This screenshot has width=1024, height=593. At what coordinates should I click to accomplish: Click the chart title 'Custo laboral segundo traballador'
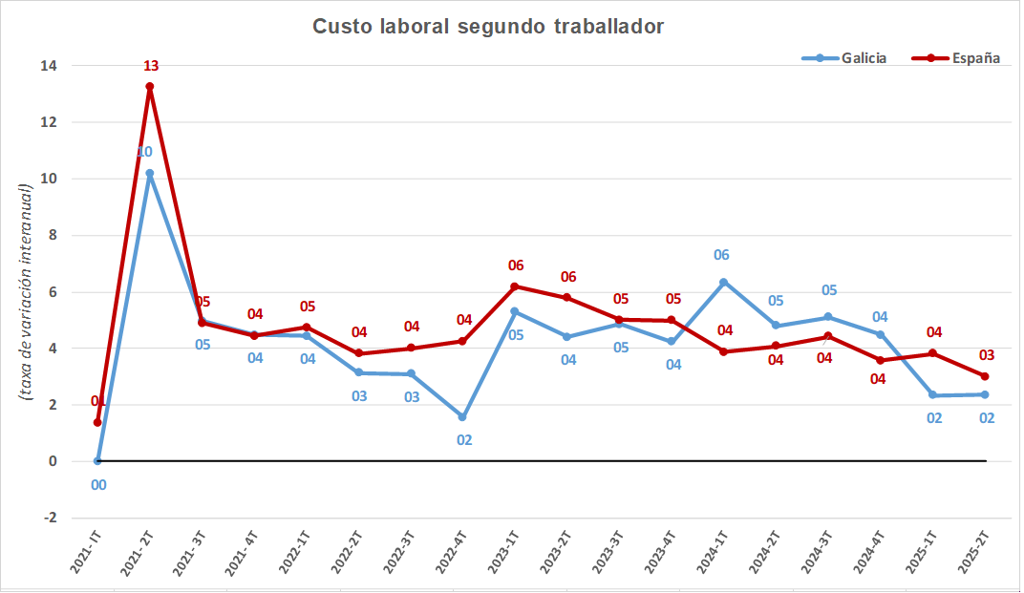pyautogui.click(x=488, y=27)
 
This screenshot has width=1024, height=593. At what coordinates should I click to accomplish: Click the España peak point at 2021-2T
pyautogui.click(x=150, y=87)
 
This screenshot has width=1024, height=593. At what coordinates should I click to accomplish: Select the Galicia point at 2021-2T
pyautogui.click(x=150, y=174)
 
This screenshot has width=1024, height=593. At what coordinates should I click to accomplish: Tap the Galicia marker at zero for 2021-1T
pyautogui.click(x=97, y=461)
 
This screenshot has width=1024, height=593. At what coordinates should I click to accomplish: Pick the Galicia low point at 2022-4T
pyautogui.click(x=462, y=417)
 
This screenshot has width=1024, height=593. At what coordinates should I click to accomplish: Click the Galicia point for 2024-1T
pyautogui.click(x=723, y=282)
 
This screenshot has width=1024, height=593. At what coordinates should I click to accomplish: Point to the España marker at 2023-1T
pyautogui.click(x=515, y=286)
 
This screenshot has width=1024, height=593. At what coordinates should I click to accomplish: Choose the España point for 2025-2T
pyautogui.click(x=984, y=376)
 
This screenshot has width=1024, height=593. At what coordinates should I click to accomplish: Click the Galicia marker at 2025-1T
pyautogui.click(x=932, y=395)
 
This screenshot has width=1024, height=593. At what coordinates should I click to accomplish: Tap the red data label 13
pyautogui.click(x=151, y=66)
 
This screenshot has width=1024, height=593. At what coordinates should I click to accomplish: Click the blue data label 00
pyautogui.click(x=98, y=484)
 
